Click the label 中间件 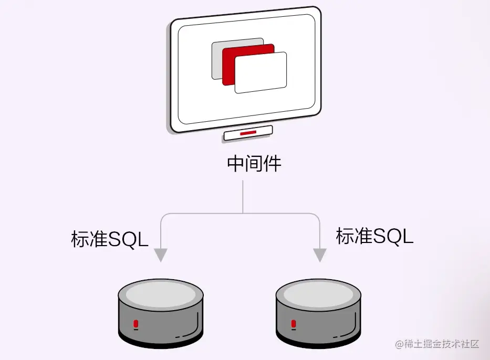pos(254,164)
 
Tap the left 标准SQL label pos(110,239)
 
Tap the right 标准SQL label pos(374,236)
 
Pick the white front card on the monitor pos(261,73)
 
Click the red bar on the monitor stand pos(248,134)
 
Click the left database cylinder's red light pos(135,324)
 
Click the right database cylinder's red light pos(293,324)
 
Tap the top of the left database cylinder pos(160,293)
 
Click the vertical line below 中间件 pos(243,197)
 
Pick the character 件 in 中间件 pos(273,164)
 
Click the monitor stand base pos(248,134)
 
